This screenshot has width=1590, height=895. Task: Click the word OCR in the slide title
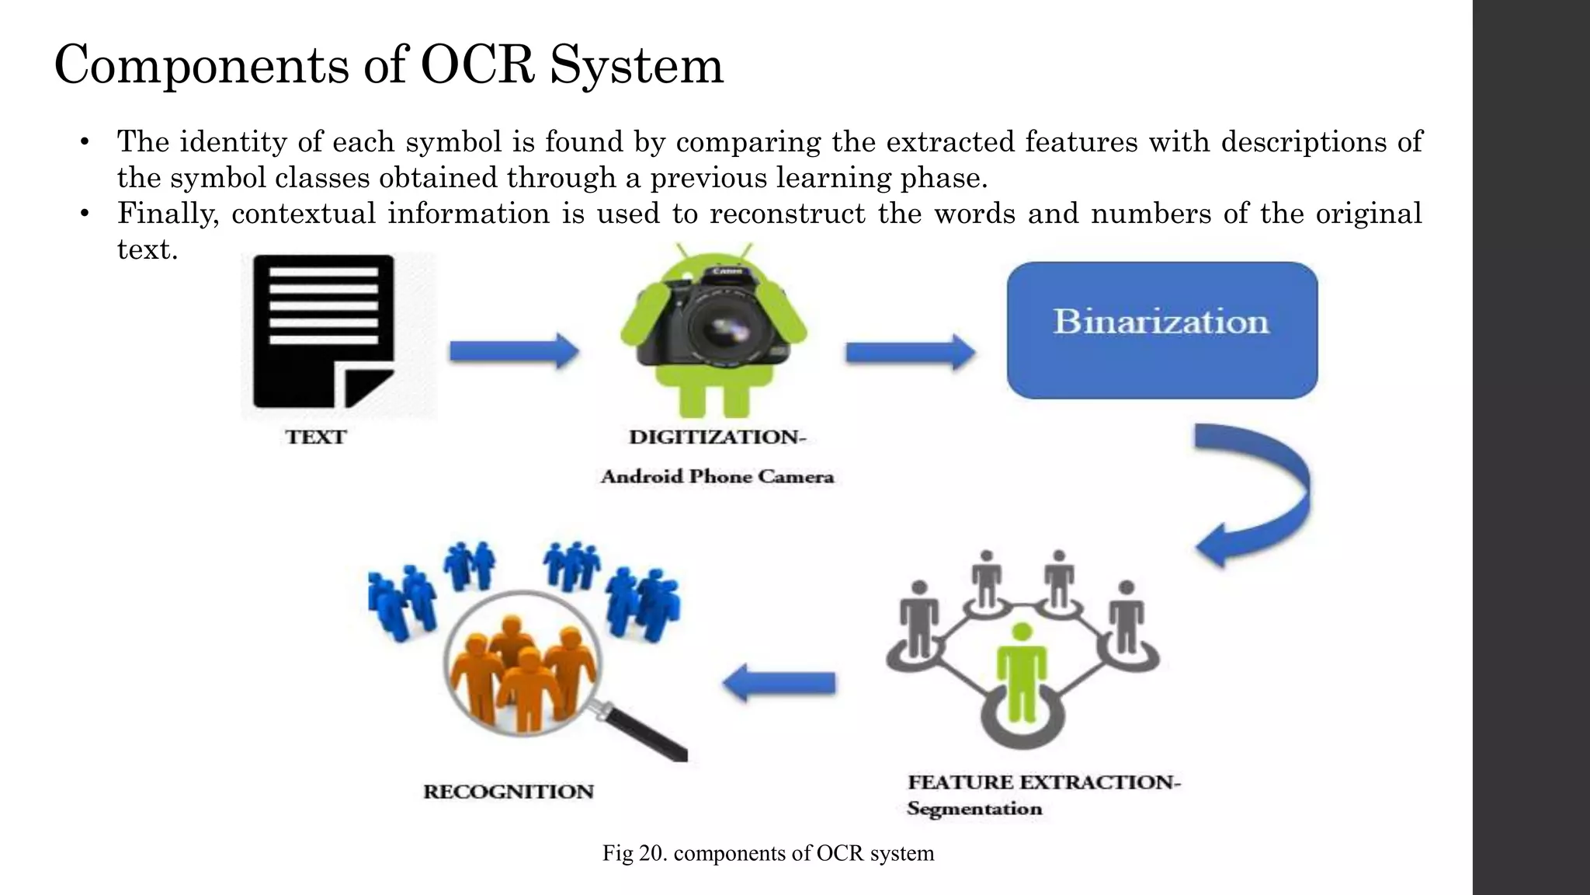[477, 65]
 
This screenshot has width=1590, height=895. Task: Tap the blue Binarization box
[1161, 330]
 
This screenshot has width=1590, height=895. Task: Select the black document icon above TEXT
[324, 332]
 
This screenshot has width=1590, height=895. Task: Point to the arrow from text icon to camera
[514, 351]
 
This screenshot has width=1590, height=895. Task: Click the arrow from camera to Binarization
[910, 353]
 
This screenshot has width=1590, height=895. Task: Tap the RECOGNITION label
[509, 792]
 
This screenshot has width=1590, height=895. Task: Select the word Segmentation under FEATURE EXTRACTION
[974, 809]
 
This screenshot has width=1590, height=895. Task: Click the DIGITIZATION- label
[717, 437]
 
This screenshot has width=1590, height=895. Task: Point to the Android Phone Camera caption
[717, 477]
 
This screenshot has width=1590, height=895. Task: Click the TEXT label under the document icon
[315, 437]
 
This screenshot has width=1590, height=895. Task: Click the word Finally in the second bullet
[167, 214]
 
